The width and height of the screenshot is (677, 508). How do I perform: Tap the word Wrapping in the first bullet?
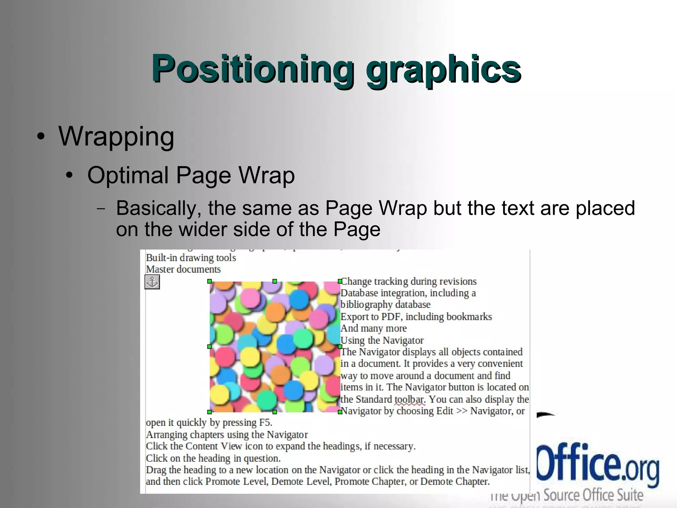pos(116,136)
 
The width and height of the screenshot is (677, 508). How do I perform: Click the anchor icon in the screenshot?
pos(152,282)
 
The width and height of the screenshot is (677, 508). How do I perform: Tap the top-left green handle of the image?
pos(210,281)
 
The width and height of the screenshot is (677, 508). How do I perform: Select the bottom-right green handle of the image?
pos(340,412)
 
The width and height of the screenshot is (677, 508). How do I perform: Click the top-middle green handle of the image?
pos(275,281)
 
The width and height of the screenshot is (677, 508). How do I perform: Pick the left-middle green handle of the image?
pos(210,346)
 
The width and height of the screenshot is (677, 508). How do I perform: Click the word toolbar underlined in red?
pos(410,399)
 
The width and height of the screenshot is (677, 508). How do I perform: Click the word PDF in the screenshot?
pos(391,317)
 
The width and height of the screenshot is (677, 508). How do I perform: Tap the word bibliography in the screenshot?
pos(367,305)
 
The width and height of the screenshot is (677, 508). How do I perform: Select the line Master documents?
pos(183,269)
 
